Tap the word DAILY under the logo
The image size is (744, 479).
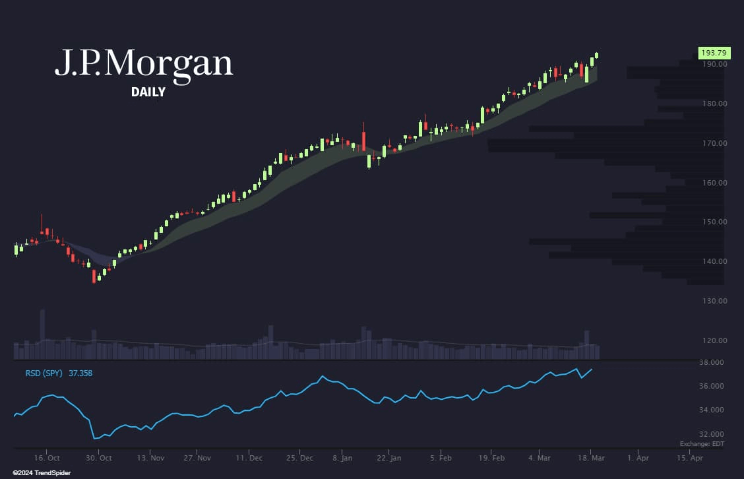tap(148, 92)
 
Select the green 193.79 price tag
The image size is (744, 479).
tap(714, 52)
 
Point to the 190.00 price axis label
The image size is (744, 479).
tap(714, 64)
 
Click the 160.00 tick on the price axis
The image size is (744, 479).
tap(714, 183)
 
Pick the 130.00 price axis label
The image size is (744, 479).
tap(714, 301)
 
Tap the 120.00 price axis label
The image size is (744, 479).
tap(714, 340)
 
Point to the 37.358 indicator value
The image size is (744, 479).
tap(80, 373)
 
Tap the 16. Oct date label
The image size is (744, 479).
tap(47, 457)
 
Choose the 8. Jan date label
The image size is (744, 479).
tap(342, 457)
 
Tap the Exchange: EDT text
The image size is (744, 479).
tap(702, 445)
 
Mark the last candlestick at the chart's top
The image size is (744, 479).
tap(596, 55)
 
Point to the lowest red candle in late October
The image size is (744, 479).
tap(94, 278)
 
